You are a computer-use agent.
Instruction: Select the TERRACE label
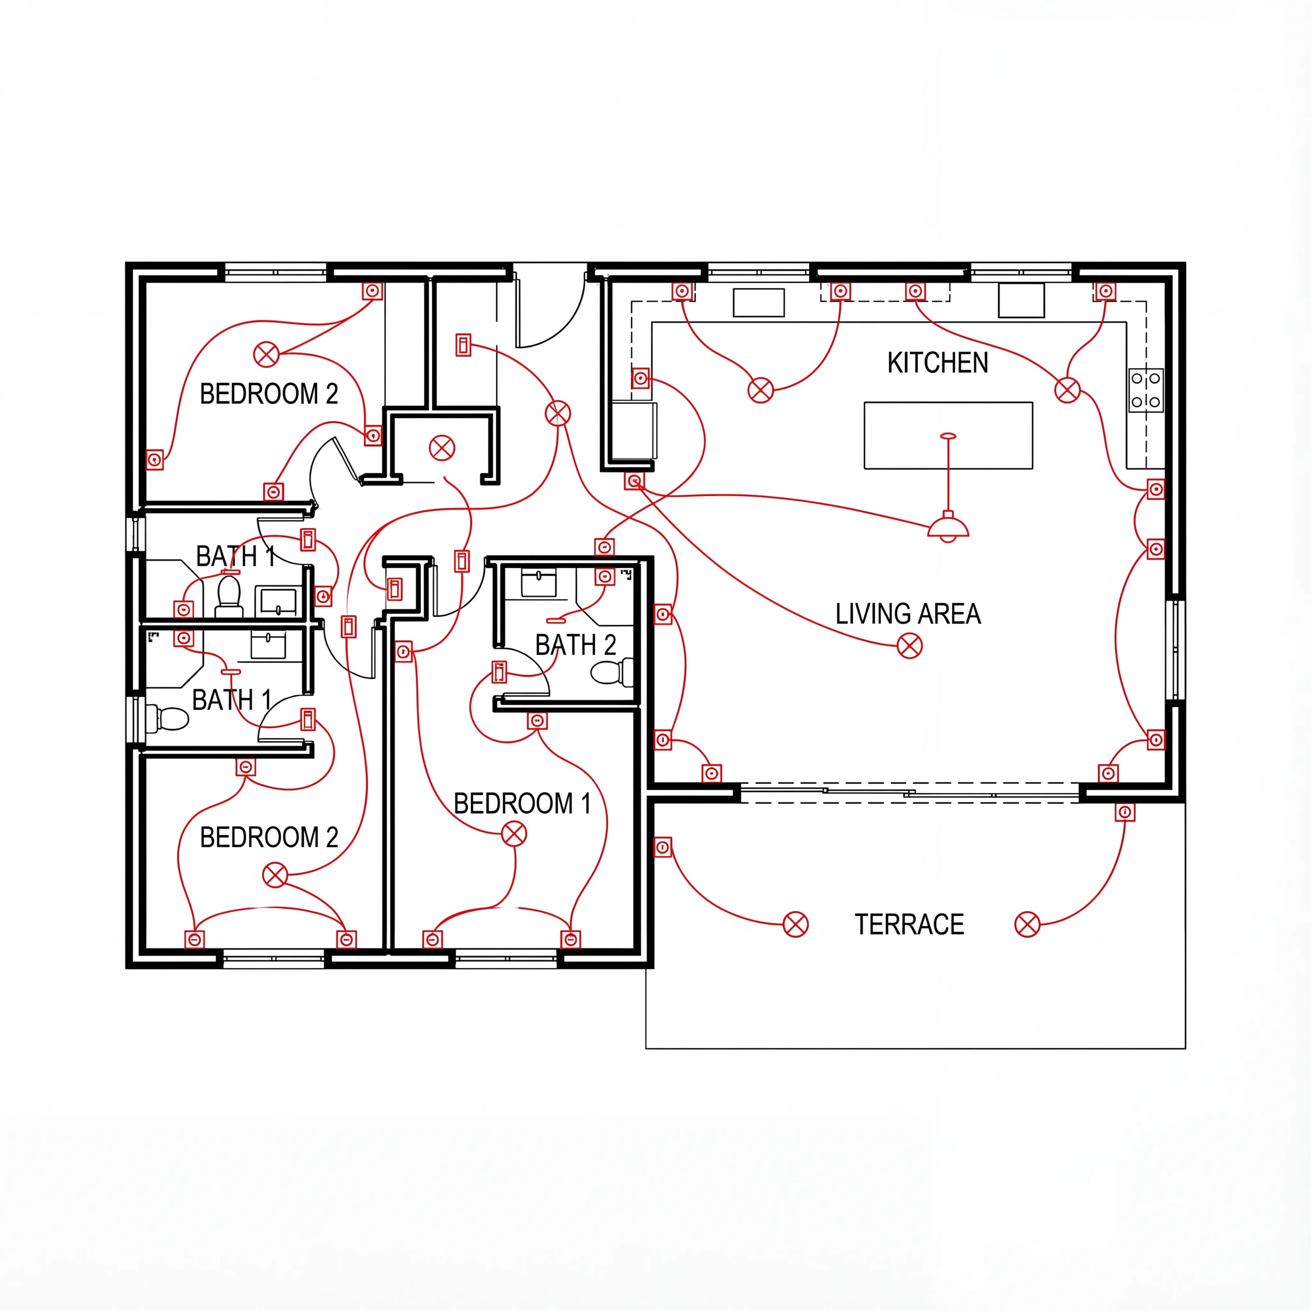[908, 924]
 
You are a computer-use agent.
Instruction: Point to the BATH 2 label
[575, 645]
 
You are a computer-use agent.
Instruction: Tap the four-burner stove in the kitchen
[1145, 390]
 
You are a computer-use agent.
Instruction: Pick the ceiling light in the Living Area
[909, 646]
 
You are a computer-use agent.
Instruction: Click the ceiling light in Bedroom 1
[514, 834]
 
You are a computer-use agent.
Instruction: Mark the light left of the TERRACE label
[795, 924]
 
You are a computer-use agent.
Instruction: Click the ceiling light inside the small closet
[442, 448]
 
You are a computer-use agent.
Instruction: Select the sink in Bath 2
[539, 583]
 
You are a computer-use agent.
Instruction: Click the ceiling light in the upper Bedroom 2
[266, 354]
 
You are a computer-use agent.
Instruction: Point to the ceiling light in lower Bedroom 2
[275, 875]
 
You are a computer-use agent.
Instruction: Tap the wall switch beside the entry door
[463, 345]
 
